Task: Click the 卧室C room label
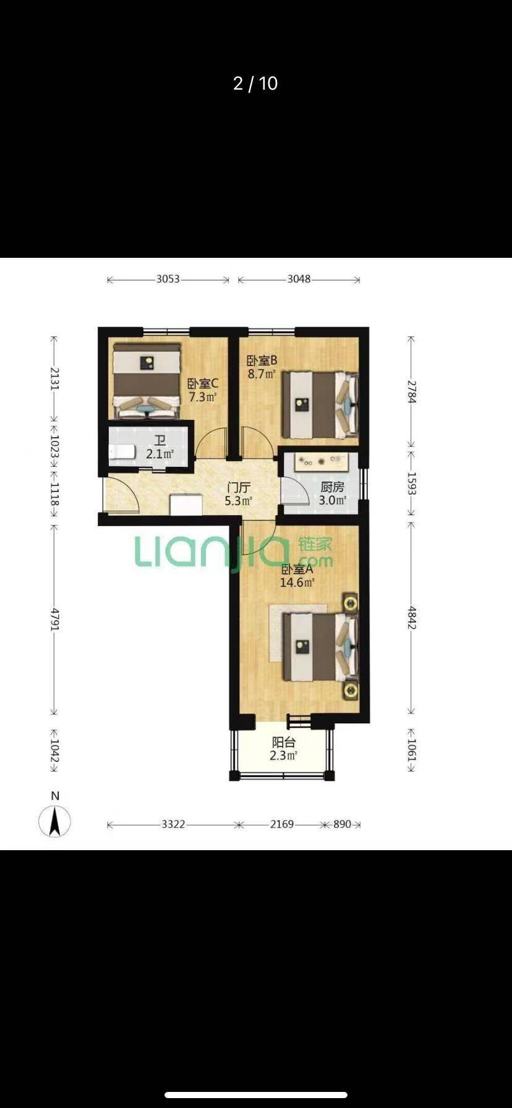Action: click(203, 383)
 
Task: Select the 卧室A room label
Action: click(297, 569)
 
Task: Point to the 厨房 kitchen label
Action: click(332, 487)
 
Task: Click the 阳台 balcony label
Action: click(284, 743)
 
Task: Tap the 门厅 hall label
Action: click(238, 488)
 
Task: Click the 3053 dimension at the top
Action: click(168, 279)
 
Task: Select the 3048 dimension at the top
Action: click(299, 279)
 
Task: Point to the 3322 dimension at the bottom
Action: click(173, 824)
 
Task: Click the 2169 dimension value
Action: click(281, 824)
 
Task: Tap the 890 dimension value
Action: click(342, 824)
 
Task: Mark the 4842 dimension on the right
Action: click(412, 616)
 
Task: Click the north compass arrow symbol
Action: click(54, 822)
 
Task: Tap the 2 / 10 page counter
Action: click(255, 83)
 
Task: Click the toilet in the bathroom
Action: click(122, 452)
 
